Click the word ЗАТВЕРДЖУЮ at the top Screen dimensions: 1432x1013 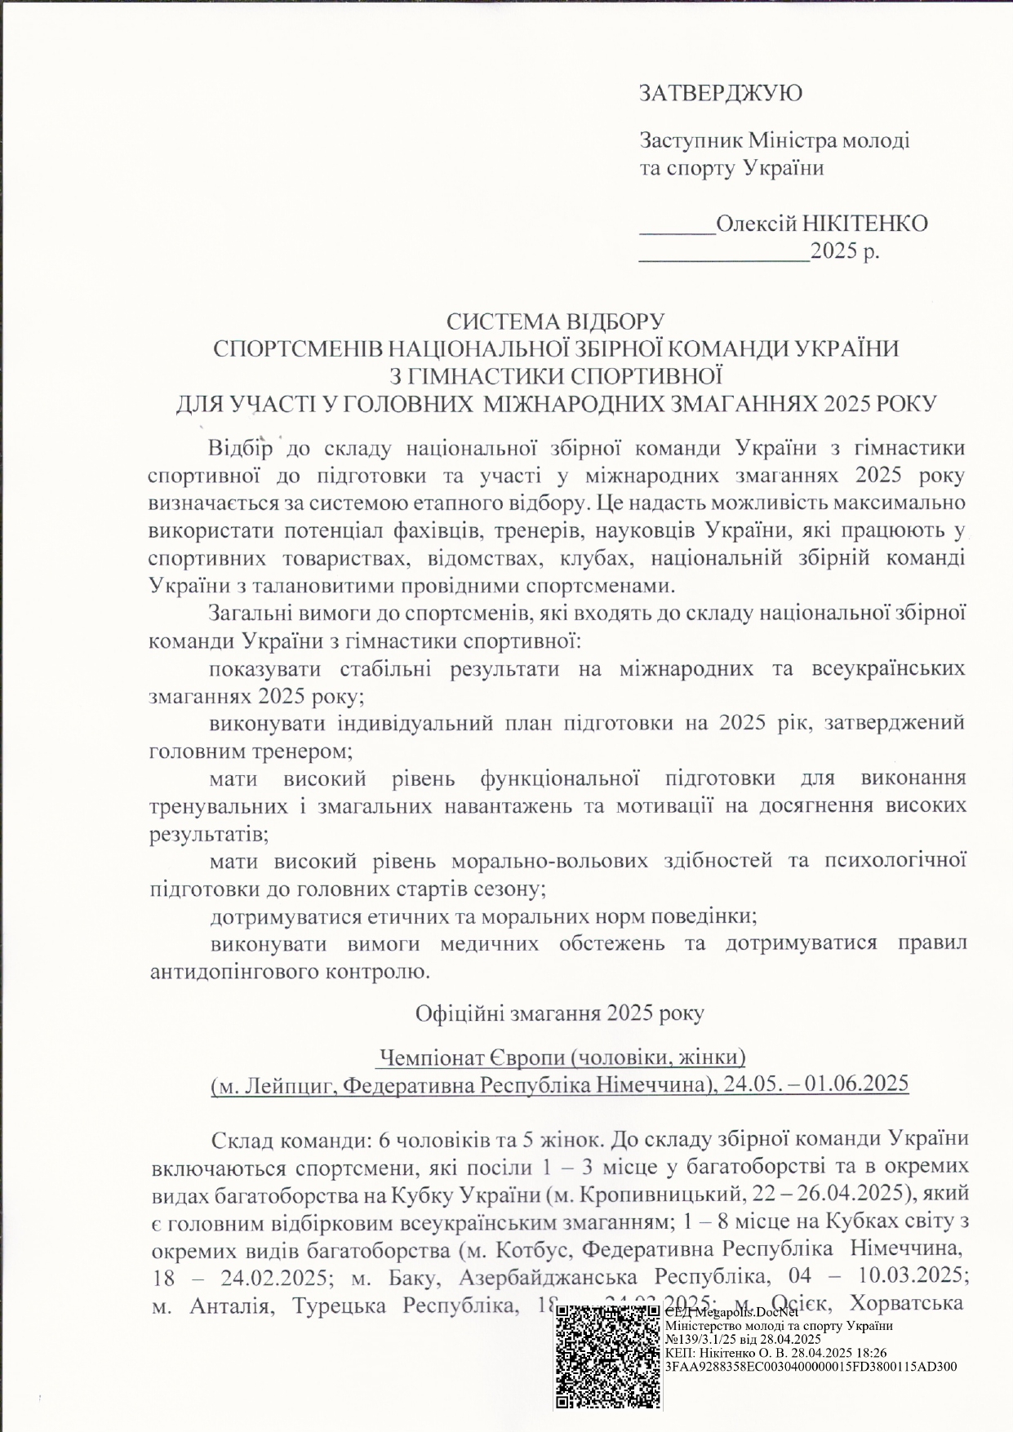(720, 93)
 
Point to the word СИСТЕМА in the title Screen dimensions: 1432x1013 (496, 321)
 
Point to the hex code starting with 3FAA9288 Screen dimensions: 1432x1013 (811, 1366)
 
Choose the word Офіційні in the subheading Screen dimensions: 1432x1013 (460, 1013)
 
